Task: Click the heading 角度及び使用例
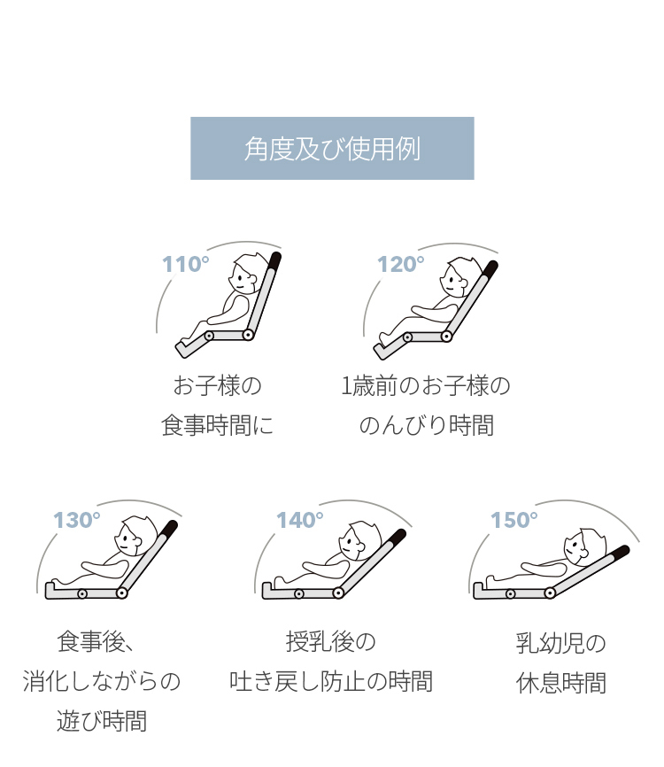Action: tap(332, 149)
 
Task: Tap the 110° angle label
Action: tap(185, 264)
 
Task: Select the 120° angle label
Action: tap(400, 264)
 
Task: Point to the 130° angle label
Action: tap(77, 520)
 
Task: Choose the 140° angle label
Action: tap(300, 520)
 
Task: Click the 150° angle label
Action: tap(513, 520)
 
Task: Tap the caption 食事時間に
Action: tap(217, 424)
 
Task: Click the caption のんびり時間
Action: tap(427, 424)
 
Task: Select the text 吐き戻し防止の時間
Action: tap(331, 681)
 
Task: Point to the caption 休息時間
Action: tap(560, 682)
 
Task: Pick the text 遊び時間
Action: tap(102, 721)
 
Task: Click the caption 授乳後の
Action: tap(331, 642)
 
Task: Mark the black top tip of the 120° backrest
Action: tap(490, 267)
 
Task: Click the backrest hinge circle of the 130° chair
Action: tap(122, 593)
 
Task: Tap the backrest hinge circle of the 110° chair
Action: tap(247, 335)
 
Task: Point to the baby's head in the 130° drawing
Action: tap(135, 536)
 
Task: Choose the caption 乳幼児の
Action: tap(560, 643)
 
